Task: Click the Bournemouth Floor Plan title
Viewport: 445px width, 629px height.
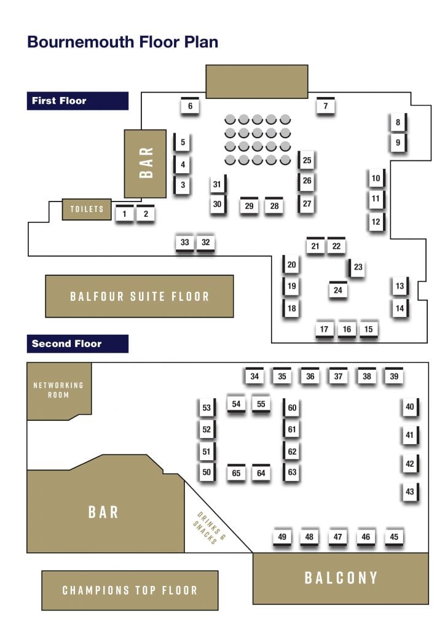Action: coord(122,42)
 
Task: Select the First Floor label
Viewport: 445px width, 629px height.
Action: coord(60,101)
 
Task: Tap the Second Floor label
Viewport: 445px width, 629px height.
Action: coord(67,343)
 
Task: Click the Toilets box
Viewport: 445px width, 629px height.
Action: coord(87,209)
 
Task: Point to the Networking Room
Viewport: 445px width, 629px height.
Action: coord(58,390)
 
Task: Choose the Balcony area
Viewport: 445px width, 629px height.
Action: coord(341,577)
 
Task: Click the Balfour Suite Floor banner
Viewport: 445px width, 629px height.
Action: coord(140,296)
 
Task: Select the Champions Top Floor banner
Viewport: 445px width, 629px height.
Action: coord(130,590)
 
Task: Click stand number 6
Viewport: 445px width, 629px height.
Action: coord(190,106)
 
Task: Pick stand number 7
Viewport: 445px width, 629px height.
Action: coord(326,106)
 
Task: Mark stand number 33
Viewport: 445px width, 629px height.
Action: coord(185,243)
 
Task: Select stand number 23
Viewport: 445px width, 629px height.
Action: coord(358,267)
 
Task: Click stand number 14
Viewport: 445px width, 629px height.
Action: coord(400,308)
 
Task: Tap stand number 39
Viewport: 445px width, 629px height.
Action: coord(394,377)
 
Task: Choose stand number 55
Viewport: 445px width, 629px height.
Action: coord(261,404)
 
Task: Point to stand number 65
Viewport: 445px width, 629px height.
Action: coord(236,473)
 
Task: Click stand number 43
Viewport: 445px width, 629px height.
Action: coord(410,491)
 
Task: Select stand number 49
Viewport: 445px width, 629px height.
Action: coord(282,537)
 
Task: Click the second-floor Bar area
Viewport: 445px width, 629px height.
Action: coord(103,512)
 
